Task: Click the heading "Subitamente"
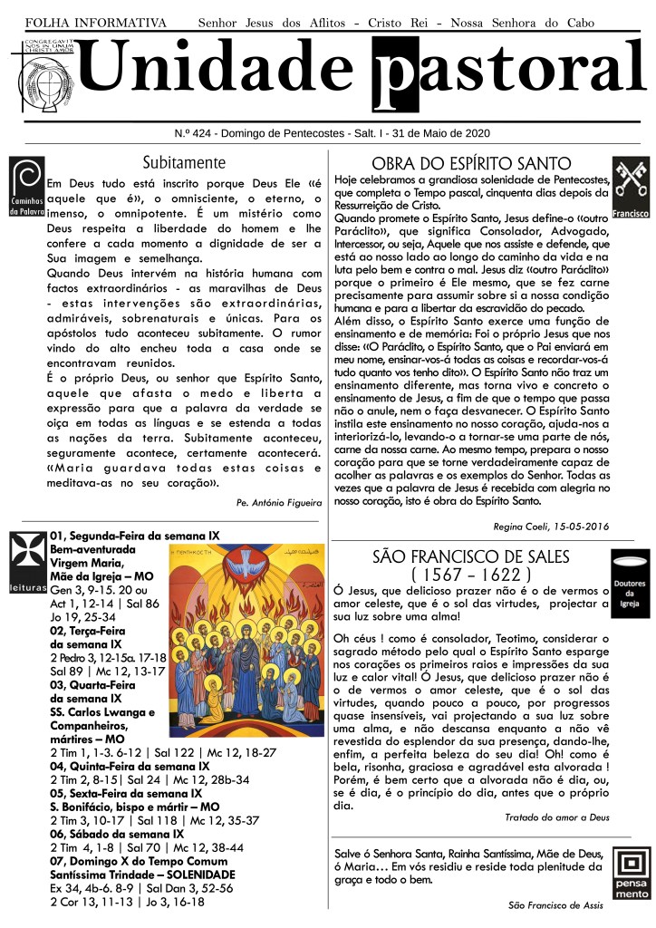pyautogui.click(x=184, y=163)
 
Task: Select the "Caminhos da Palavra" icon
pyautogui.click(x=26, y=187)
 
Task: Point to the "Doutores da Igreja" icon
pyautogui.click(x=631, y=584)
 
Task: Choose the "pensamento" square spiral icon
pyautogui.click(x=632, y=873)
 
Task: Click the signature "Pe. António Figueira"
pyautogui.click(x=278, y=501)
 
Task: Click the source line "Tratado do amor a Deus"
pyautogui.click(x=556, y=817)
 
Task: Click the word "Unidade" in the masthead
pyautogui.click(x=222, y=69)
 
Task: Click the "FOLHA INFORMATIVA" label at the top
pyautogui.click(x=96, y=22)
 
